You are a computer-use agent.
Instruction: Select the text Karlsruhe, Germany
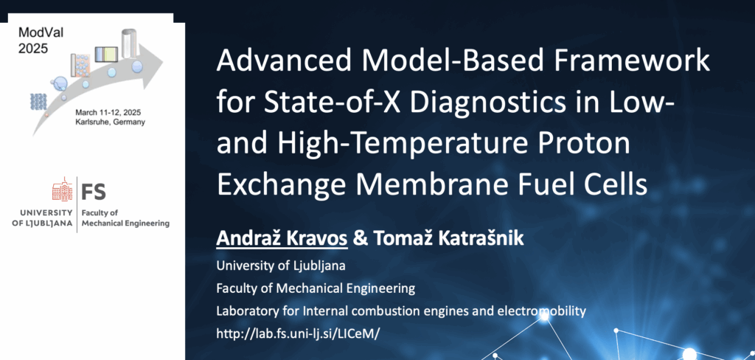(110, 122)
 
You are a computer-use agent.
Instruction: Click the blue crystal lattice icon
(38, 102)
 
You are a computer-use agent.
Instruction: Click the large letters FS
(94, 191)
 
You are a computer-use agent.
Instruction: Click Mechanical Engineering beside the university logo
(125, 223)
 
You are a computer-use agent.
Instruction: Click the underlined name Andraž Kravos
(282, 238)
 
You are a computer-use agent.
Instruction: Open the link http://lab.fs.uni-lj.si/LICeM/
(295, 333)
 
